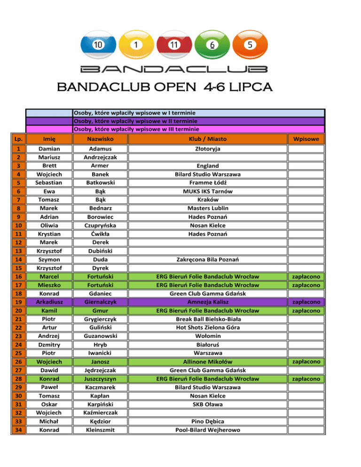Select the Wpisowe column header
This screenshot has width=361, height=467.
point(306,140)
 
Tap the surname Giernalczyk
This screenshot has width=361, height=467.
point(99,302)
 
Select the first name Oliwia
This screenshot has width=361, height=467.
point(49,226)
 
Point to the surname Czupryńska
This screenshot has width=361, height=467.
point(99,226)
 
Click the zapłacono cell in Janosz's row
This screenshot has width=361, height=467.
point(306,361)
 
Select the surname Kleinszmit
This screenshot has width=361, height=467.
point(99,429)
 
